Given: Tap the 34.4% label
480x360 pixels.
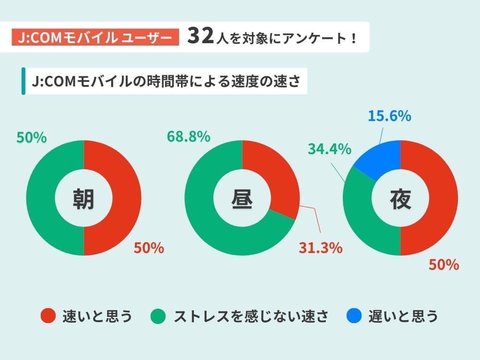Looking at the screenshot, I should [329, 149].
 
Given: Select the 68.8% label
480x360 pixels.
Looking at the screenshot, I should [188, 137].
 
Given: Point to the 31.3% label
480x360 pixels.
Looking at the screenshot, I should [320, 248].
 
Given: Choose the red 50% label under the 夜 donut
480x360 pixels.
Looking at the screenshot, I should [444, 264].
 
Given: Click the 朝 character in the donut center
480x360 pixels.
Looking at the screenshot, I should [84, 198].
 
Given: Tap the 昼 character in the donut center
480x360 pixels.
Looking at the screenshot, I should [242, 198].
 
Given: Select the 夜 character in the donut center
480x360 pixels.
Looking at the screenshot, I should [400, 198].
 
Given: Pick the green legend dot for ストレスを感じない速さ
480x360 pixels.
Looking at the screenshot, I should [158, 316].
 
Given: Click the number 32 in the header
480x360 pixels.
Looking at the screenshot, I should [200, 37].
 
